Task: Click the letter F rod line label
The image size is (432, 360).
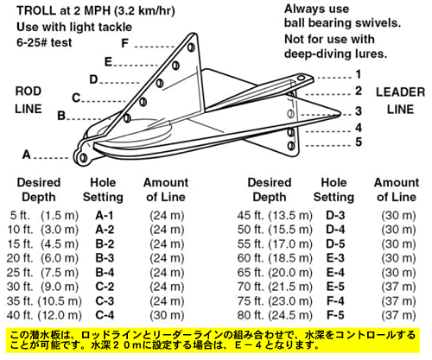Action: (x=124, y=43)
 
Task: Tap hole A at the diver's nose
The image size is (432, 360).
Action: (x=83, y=157)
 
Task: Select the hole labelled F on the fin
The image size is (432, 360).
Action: (x=191, y=47)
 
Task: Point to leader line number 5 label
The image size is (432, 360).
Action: (x=359, y=142)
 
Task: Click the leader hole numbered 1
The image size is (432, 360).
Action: (x=301, y=78)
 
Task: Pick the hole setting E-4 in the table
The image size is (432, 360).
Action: (x=335, y=272)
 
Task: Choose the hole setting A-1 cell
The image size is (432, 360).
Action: (x=105, y=215)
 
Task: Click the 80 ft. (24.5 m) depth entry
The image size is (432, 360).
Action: (x=275, y=315)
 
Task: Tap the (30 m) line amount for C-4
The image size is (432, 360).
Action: (x=167, y=315)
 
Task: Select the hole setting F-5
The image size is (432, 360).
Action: (x=335, y=315)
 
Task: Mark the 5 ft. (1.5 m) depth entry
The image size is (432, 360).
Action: (x=44, y=215)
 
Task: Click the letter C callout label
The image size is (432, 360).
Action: (x=76, y=98)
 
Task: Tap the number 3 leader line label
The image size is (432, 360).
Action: (x=359, y=111)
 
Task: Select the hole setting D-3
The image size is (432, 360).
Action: (x=335, y=215)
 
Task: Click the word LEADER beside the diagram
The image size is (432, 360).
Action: (x=400, y=92)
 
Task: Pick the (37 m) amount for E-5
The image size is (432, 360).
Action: (x=398, y=287)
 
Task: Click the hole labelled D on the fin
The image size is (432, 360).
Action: (x=160, y=84)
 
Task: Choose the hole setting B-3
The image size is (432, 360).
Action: (x=105, y=258)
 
